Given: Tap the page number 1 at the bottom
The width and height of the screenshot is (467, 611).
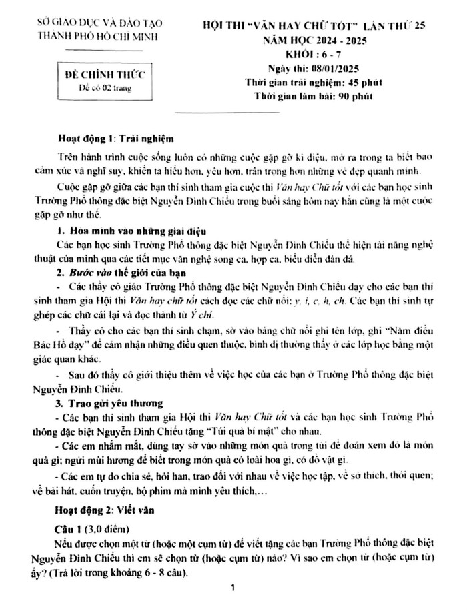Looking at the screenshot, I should (x=231, y=589).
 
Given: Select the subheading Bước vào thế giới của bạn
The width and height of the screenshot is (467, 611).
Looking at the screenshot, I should (x=126, y=274).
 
